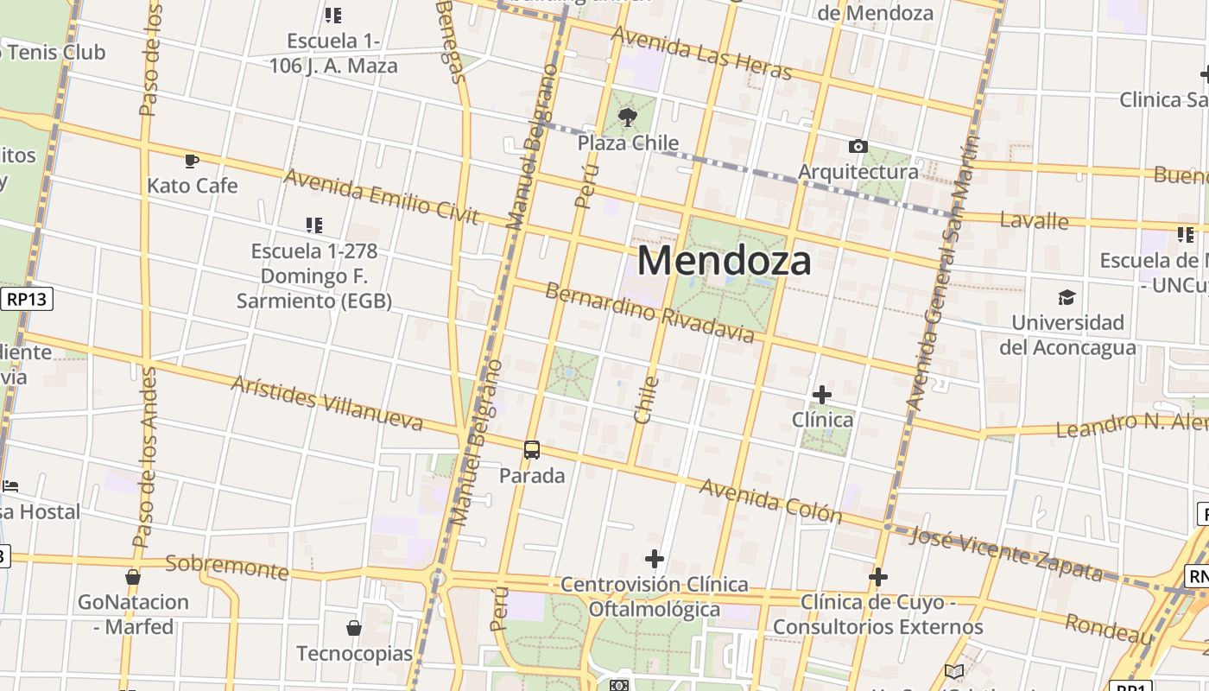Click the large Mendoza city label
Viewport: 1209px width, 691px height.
(724, 260)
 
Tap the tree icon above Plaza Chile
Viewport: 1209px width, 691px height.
(628, 117)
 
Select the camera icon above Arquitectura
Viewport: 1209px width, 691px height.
(858, 146)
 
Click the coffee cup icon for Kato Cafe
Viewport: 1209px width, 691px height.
(192, 160)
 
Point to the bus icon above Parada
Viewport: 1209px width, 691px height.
(532, 450)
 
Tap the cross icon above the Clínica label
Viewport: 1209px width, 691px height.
(822, 395)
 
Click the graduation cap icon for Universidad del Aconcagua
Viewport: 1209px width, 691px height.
(1067, 298)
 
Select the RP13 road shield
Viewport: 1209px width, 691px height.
(28, 299)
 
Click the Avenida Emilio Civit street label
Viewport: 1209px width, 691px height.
(381, 196)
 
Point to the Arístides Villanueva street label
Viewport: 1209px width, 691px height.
(326, 403)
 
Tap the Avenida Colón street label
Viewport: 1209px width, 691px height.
(770, 501)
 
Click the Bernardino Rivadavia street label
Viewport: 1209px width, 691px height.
(649, 311)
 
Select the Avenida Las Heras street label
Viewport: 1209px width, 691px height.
(701, 53)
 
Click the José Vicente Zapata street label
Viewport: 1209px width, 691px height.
(1006, 554)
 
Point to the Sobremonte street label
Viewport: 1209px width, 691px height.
(226, 567)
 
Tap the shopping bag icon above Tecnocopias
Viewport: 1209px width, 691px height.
(354, 627)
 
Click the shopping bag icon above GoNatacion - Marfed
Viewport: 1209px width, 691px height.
(133, 576)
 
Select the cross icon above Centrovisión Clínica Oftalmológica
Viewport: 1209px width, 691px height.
(655, 559)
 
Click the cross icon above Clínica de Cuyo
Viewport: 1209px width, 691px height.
(878, 576)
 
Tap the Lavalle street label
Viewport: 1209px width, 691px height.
(1034, 220)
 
